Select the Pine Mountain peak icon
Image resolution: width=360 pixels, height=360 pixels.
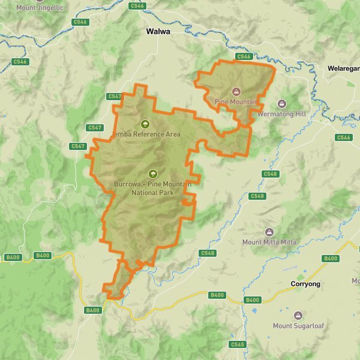click(x=236, y=92)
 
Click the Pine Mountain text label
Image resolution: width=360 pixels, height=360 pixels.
click(x=236, y=102)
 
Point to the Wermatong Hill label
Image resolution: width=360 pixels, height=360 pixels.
click(x=281, y=113)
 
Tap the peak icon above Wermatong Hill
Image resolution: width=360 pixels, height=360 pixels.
click(x=281, y=103)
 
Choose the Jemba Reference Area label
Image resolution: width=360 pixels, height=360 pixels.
click(x=146, y=134)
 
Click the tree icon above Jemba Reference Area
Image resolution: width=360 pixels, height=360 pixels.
click(x=145, y=124)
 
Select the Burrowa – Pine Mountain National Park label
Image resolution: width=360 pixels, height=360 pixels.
click(x=152, y=188)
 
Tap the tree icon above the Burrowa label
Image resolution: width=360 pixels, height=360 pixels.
click(x=152, y=174)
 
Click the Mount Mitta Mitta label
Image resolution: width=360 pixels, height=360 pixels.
click(x=269, y=242)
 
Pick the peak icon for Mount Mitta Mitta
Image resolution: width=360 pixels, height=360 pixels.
click(x=269, y=232)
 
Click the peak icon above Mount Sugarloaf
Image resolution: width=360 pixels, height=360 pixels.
click(x=298, y=316)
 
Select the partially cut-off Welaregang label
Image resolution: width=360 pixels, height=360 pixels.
click(x=343, y=69)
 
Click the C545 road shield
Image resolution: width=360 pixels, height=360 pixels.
click(x=238, y=344)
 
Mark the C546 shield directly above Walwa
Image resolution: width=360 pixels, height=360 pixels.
click(x=137, y=5)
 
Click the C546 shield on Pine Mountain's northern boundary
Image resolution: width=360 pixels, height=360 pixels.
click(x=243, y=56)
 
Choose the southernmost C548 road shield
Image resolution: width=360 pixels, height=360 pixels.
click(x=208, y=253)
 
